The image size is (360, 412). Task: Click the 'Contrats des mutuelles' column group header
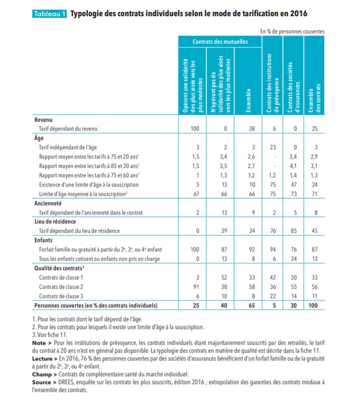point(220,42)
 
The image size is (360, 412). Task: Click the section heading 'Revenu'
point(44,120)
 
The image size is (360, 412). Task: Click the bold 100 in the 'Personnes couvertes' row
point(313,305)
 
